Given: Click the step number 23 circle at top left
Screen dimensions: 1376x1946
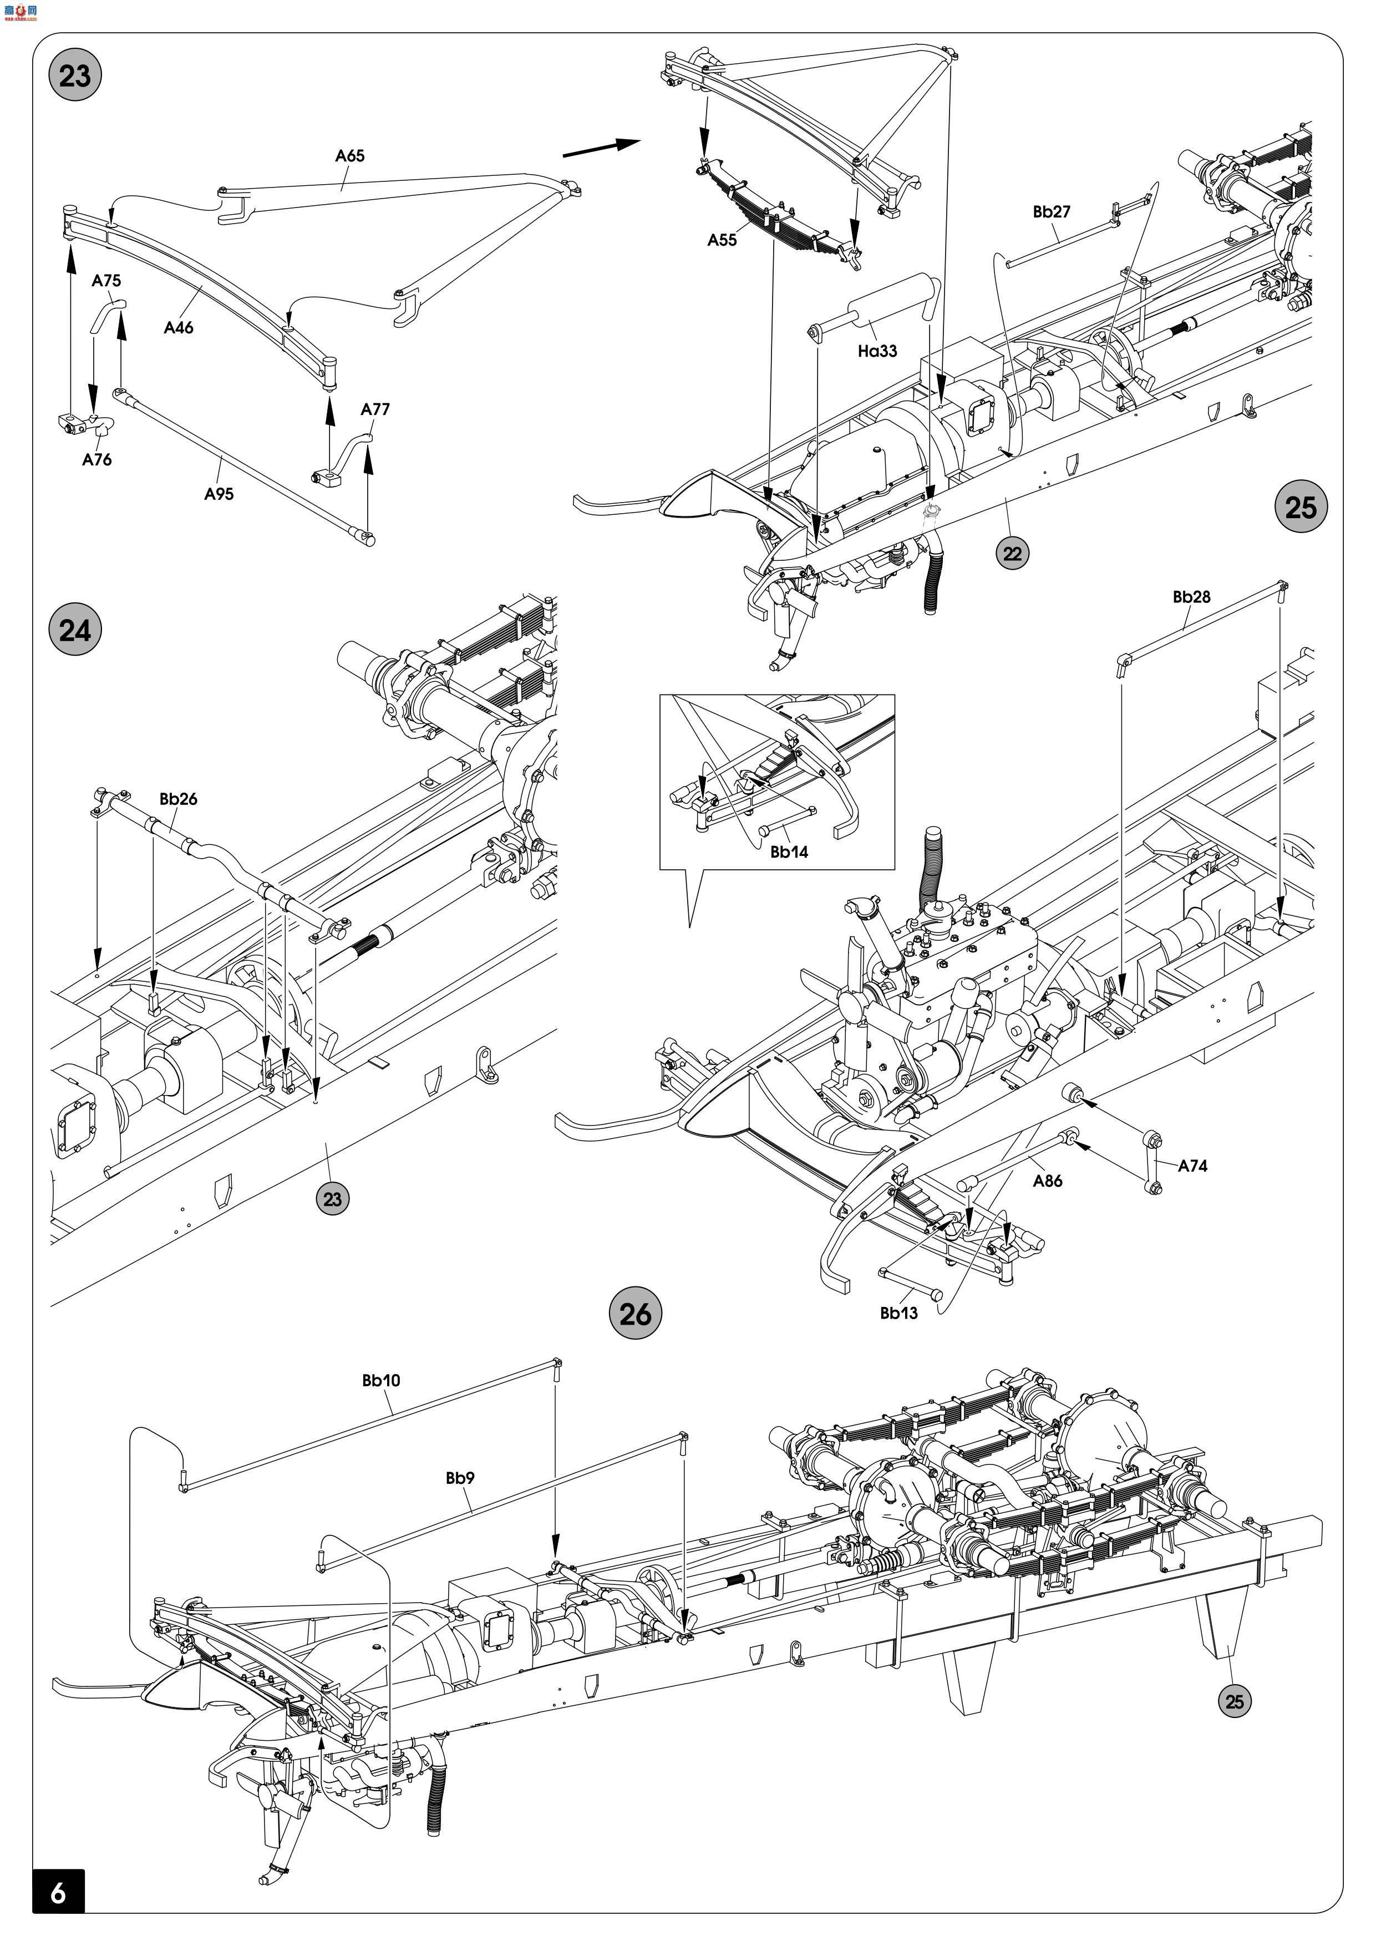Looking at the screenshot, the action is point(74,75).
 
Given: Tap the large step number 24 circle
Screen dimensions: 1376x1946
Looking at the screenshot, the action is point(74,631).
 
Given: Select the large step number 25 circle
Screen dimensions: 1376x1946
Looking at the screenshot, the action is point(1301,507).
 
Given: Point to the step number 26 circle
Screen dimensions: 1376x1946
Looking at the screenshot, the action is point(636,1315).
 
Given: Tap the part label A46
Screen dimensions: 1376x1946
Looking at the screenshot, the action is point(179,327).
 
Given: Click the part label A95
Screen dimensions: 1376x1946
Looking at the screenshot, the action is point(219,493).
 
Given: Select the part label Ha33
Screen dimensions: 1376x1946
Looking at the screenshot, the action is point(877,350).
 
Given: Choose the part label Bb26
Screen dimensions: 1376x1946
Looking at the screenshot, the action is point(178,798).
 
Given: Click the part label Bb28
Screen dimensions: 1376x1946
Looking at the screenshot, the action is point(1191,597).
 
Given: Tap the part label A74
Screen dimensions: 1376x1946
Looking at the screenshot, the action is point(1192,1165).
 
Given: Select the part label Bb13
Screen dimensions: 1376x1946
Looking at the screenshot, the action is point(898,1313).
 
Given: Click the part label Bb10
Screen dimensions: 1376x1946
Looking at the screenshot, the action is point(380,1380).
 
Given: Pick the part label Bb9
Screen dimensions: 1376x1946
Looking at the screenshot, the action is point(460,1477).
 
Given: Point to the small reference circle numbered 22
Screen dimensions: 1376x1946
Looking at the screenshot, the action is point(1013,554).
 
